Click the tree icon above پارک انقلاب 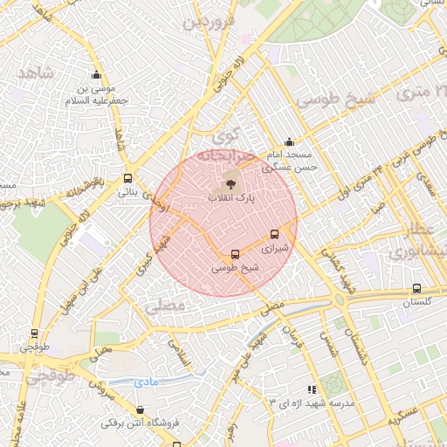[x=231, y=183]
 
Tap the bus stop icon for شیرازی [x=275, y=234]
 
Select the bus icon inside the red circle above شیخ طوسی [x=234, y=254]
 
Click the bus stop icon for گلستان [x=416, y=288]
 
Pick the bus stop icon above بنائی [x=127, y=178]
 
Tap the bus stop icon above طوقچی [x=34, y=333]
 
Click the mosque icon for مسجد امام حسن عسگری [x=290, y=142]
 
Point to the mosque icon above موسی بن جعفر [x=95, y=75]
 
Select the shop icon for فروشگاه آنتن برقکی [x=141, y=409]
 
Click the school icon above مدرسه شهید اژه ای [x=311, y=389]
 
